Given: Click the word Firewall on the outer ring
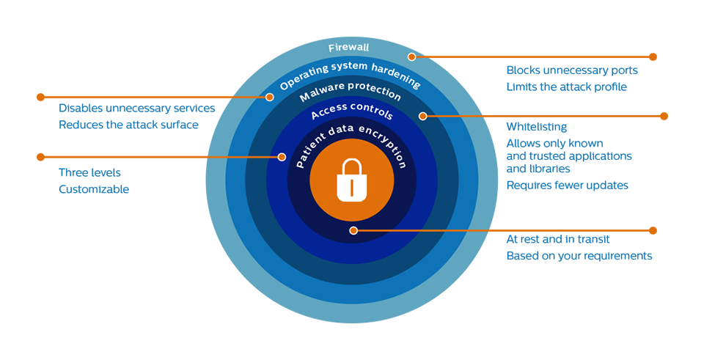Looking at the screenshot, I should (x=348, y=48).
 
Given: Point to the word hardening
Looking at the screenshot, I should (x=399, y=73).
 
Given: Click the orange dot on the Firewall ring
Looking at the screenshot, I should (x=412, y=56).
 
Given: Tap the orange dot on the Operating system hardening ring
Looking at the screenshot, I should (x=270, y=96).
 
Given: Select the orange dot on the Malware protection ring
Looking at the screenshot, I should (x=422, y=116).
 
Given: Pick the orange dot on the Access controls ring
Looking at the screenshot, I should (x=281, y=157).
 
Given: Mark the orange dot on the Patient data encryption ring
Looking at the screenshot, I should (x=353, y=230).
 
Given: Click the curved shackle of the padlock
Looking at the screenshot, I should (x=352, y=168).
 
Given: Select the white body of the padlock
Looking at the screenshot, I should (x=342, y=189).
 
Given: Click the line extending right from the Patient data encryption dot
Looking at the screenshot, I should (x=425, y=230).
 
